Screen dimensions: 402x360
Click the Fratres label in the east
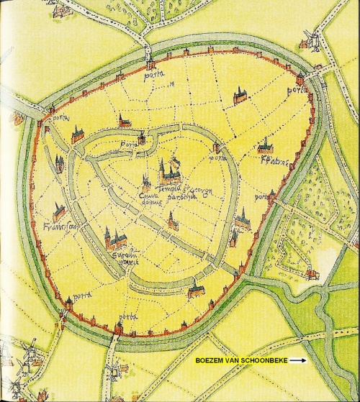point(270,161)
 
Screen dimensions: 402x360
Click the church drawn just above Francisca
point(59,211)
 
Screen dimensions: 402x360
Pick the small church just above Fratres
point(266,147)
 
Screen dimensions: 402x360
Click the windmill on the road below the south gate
point(112,371)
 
